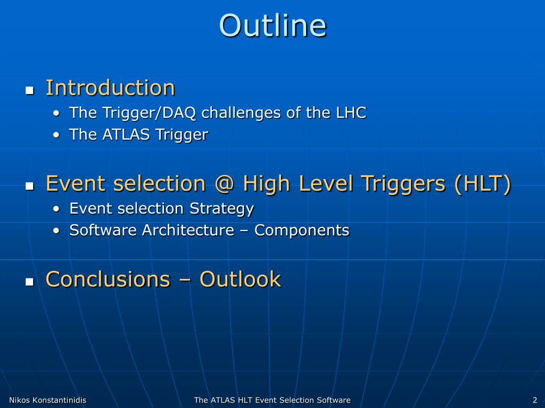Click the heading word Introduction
pyautogui.click(x=110, y=88)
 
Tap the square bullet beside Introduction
pyautogui.click(x=30, y=90)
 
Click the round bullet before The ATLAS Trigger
pyautogui.click(x=56, y=135)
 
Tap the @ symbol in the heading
pyautogui.click(x=224, y=183)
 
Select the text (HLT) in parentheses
pyautogui.click(x=482, y=183)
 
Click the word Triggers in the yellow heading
pyautogui.click(x=403, y=183)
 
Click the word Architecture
pyautogui.click(x=188, y=230)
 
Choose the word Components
pyautogui.click(x=302, y=231)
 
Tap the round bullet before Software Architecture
pyautogui.click(x=56, y=231)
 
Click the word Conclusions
pyautogui.click(x=108, y=279)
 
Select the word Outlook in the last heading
pyautogui.click(x=240, y=279)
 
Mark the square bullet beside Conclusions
pyautogui.click(x=30, y=282)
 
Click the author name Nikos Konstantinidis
pyautogui.click(x=47, y=400)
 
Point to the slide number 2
pyautogui.click(x=535, y=400)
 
